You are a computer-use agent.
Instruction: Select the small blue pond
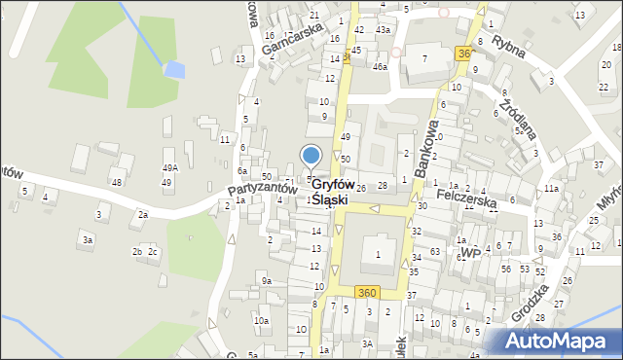click(174, 69)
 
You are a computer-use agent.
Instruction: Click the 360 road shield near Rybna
click(463, 54)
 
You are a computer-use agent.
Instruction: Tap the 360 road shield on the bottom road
click(366, 293)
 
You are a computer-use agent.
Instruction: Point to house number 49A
click(169, 167)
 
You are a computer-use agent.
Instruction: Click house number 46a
click(379, 66)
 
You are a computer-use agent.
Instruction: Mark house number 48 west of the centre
click(117, 182)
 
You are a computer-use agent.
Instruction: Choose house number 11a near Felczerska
click(551, 188)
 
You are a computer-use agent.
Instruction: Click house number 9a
click(267, 281)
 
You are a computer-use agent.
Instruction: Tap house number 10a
click(261, 320)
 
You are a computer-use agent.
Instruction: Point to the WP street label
click(470, 253)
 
